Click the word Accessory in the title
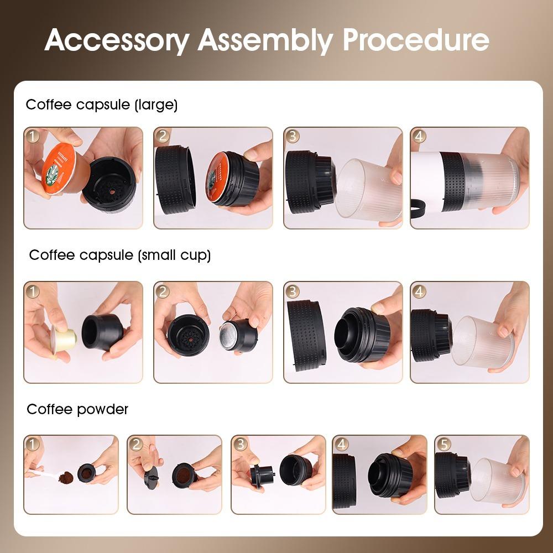(x=117, y=40)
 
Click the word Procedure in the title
(x=415, y=40)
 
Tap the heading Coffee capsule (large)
(x=102, y=105)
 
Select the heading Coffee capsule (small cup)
(x=120, y=255)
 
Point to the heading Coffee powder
(x=77, y=409)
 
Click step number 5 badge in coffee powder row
(x=444, y=444)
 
